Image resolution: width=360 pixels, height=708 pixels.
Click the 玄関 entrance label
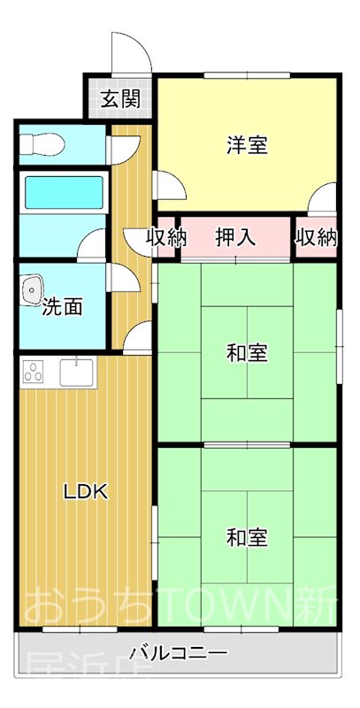pyautogui.click(x=119, y=98)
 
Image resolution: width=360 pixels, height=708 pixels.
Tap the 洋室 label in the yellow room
pyautogui.click(x=247, y=145)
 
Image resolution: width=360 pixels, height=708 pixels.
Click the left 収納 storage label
pyautogui.click(x=167, y=236)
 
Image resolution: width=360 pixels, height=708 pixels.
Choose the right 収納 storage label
pyautogui.click(x=316, y=236)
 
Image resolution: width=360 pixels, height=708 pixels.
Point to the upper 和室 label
pyautogui.click(x=247, y=353)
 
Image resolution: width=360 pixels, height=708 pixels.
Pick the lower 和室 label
pyautogui.click(x=247, y=537)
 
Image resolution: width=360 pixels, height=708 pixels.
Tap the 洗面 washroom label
pyautogui.click(x=62, y=307)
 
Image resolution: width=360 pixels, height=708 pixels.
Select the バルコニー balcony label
pyautogui.click(x=179, y=654)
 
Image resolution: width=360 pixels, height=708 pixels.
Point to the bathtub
pyautogui.click(x=62, y=192)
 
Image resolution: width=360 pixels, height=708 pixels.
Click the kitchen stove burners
pyautogui.click(x=34, y=373)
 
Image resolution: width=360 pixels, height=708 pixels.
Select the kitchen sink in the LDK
pyautogui.click(x=78, y=372)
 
